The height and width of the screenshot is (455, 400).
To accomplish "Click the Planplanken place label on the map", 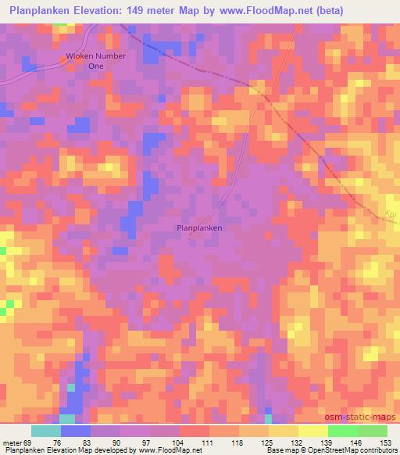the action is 200,227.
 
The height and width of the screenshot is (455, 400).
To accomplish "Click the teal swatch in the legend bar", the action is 46,431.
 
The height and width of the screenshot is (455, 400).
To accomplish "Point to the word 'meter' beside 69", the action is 12,442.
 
